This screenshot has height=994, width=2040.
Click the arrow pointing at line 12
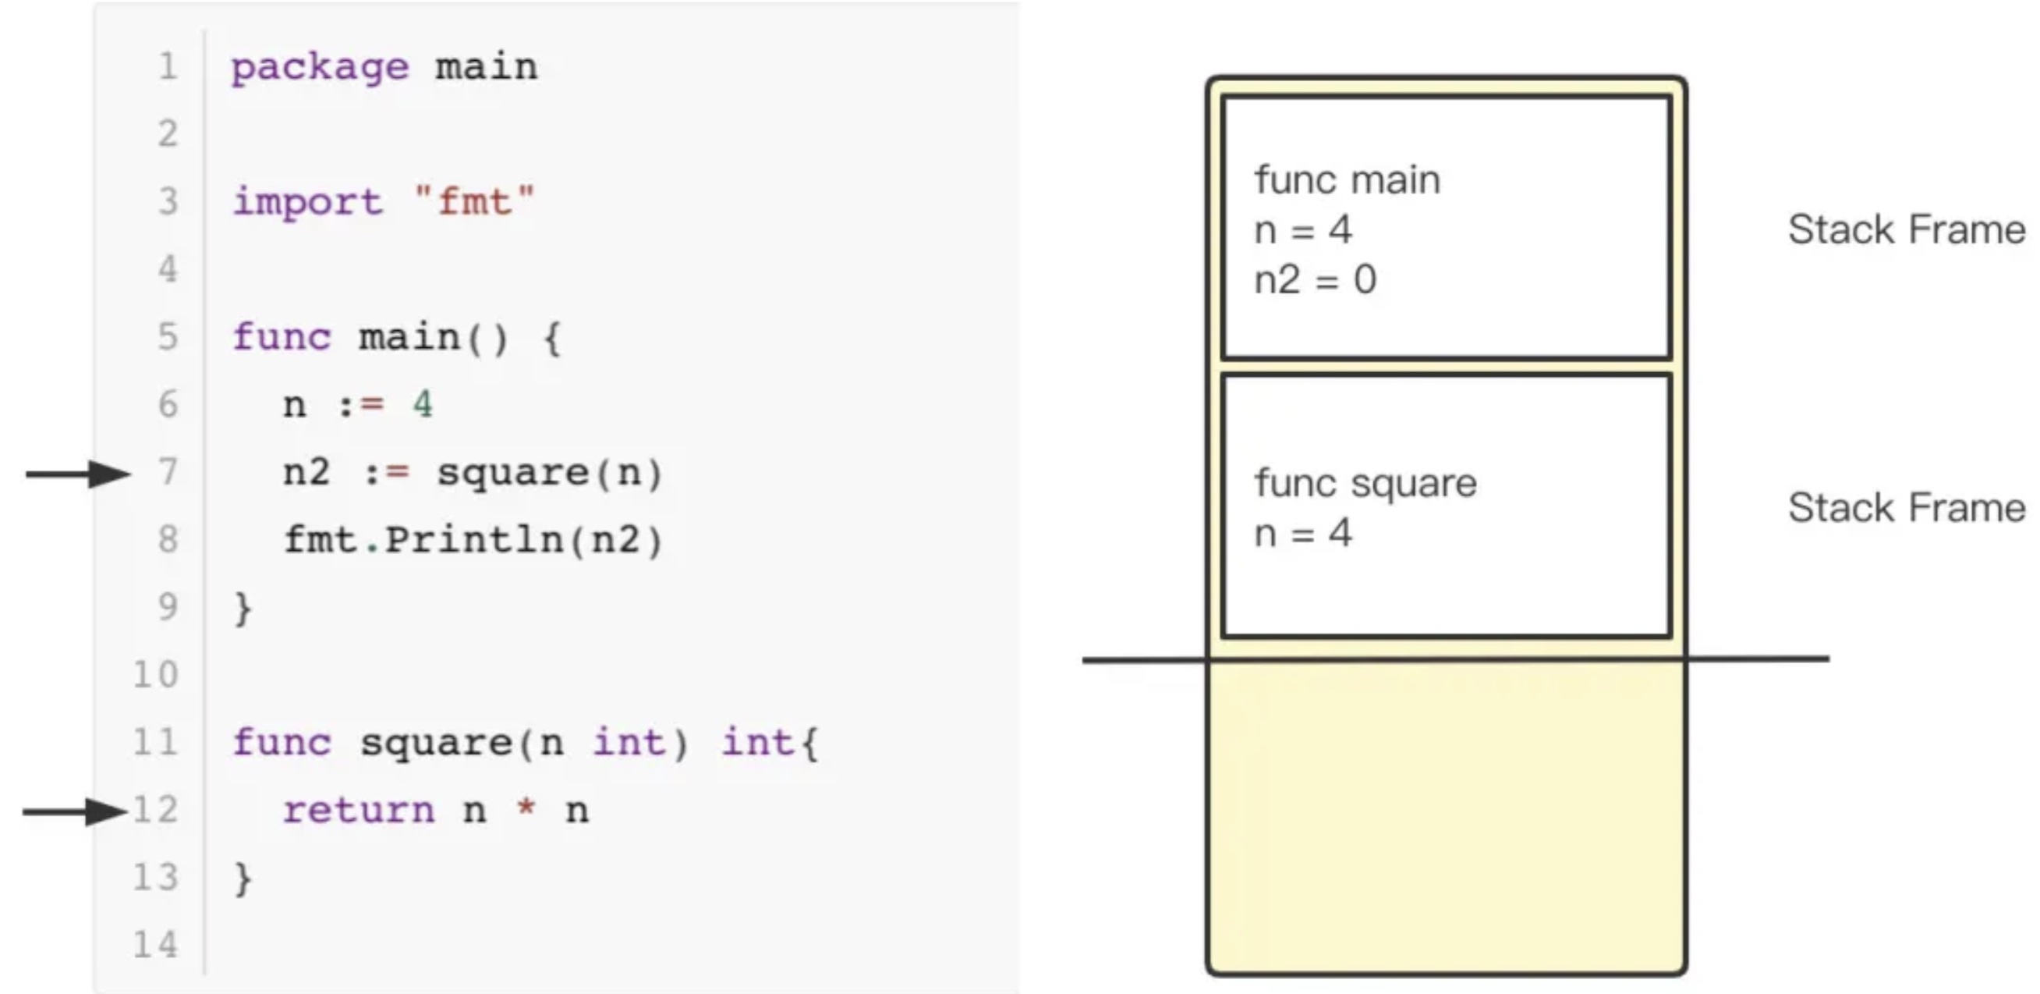click(75, 812)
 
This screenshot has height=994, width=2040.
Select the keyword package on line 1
click(319, 67)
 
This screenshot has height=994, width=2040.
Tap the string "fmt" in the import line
click(474, 201)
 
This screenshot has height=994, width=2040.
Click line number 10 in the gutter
click(156, 675)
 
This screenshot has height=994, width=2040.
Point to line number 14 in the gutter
click(156, 945)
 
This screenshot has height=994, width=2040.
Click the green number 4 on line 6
click(422, 405)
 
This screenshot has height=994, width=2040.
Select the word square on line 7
click(513, 473)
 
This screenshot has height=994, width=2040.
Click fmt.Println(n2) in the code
click(473, 540)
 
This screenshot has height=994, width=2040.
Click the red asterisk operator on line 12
click(525, 808)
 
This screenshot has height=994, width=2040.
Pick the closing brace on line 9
click(243, 609)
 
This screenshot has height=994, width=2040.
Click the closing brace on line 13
click(243, 879)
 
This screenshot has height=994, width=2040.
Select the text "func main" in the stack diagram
click(1347, 179)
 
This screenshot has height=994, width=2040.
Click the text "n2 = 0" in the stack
click(1316, 279)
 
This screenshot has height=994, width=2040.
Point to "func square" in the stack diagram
click(1365, 483)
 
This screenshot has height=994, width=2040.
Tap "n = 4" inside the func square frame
click(1303, 533)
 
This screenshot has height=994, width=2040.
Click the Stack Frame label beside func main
click(1906, 229)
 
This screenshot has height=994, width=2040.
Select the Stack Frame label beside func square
click(1906, 508)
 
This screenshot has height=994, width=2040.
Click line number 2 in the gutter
click(168, 133)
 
